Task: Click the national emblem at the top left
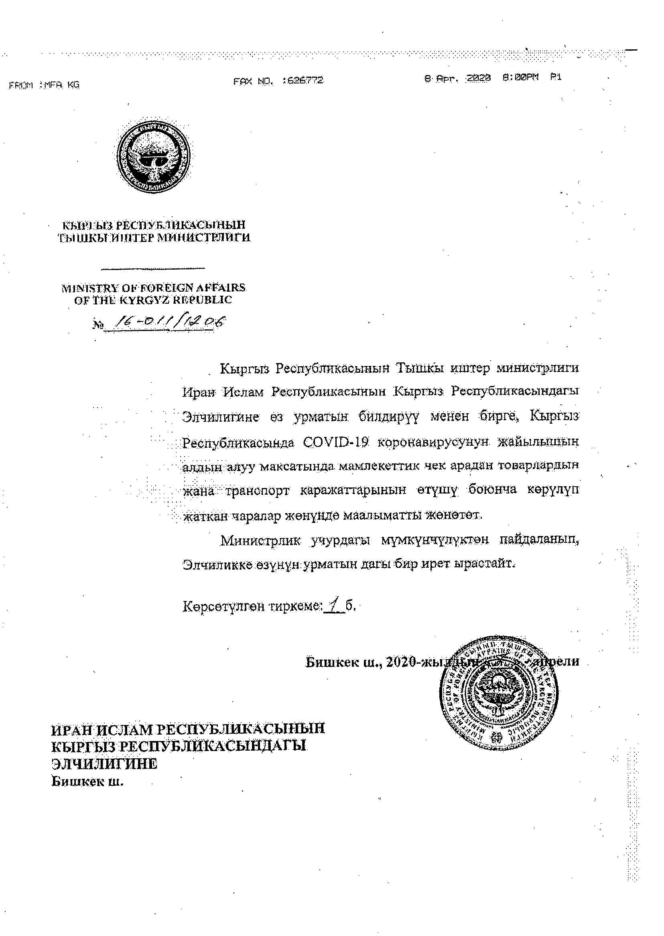[154, 156]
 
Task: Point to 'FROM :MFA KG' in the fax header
[44, 85]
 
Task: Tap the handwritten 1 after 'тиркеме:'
[335, 605]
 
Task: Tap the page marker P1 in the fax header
[556, 77]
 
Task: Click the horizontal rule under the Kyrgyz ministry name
[153, 268]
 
